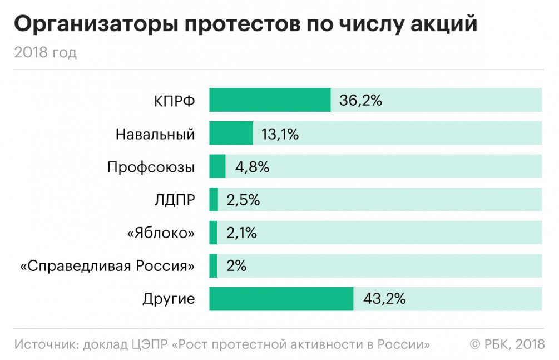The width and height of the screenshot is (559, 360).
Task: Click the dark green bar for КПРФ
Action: pos(270,100)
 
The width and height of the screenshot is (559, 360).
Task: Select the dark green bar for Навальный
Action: pos(231,134)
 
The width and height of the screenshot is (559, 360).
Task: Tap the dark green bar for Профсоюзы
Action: pos(217,166)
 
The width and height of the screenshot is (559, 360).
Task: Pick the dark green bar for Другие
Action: pos(281,299)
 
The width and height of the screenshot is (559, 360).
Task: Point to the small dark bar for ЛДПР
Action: pos(214,200)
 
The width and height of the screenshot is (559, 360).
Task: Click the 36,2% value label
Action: pos(360,101)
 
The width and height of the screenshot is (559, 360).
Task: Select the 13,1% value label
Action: pos(280,134)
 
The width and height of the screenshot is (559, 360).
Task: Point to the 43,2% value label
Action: pos(384,299)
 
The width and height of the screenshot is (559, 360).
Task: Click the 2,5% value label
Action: pos(243,200)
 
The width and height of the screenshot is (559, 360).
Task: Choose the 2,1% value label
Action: pos(241,233)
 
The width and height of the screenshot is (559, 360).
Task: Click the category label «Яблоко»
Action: pos(161,233)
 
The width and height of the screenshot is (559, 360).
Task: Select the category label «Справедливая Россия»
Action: pos(107,266)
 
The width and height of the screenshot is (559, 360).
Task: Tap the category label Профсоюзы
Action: pos(151,167)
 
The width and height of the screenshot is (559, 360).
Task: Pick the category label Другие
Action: pos(169,299)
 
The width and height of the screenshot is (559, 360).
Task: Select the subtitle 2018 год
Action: pos(46,53)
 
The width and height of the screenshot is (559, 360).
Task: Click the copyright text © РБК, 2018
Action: pos(507,343)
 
